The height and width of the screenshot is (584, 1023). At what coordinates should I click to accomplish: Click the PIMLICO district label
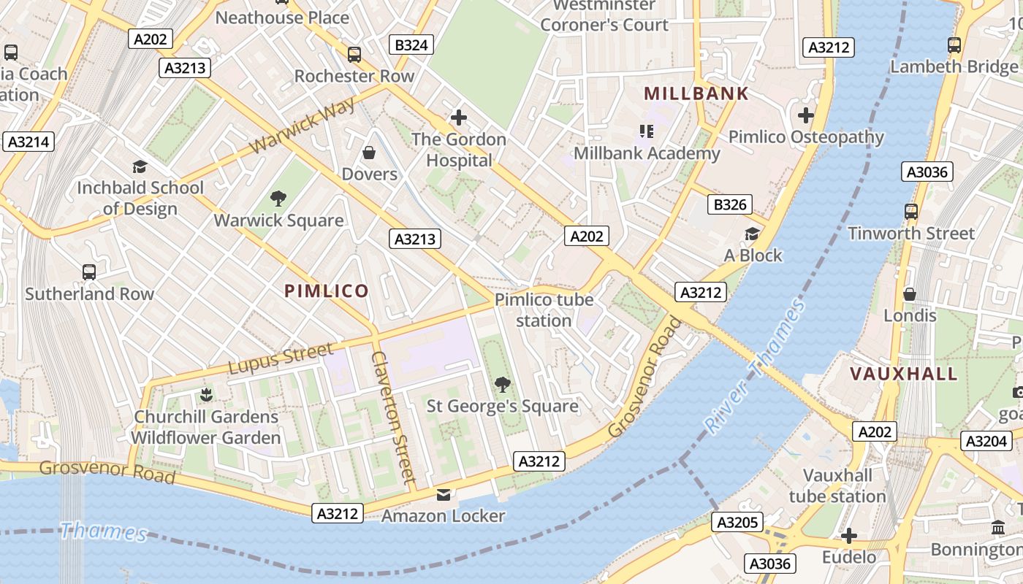(327, 291)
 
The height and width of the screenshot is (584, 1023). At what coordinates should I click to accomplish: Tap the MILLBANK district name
(696, 93)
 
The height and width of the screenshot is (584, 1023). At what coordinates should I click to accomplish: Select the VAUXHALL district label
(904, 374)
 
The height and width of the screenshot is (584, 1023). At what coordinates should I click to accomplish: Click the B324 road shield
(411, 45)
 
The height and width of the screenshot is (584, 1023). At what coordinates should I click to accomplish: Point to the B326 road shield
(730, 204)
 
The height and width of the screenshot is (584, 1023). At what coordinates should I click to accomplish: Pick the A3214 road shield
(28, 142)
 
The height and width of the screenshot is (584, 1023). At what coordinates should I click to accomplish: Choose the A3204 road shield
(986, 441)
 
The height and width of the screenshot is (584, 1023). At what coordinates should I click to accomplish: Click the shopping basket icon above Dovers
(370, 153)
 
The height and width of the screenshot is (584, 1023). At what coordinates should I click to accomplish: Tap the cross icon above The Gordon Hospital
(459, 117)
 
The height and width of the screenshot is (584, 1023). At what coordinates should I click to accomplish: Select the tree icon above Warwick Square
(278, 198)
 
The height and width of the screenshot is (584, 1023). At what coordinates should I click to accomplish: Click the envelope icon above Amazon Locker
(444, 495)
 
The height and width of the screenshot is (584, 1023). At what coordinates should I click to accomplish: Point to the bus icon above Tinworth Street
(911, 212)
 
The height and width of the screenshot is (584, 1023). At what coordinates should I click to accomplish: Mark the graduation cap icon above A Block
(752, 234)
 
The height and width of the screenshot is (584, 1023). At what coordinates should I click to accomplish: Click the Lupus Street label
(281, 358)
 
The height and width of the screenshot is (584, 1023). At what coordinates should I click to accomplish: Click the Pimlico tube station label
(544, 310)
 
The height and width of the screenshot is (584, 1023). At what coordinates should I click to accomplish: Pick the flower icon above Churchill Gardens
(206, 395)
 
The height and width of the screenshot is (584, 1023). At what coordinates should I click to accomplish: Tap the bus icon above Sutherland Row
(89, 272)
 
